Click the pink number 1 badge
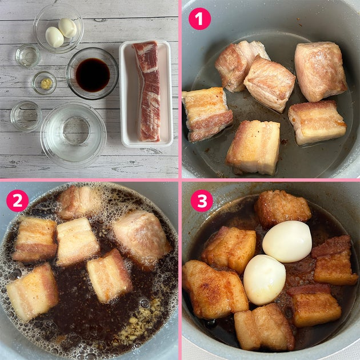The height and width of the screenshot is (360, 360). [199, 19]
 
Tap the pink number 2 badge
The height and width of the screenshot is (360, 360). [18, 201]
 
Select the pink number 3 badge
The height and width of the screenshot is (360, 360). [202, 201]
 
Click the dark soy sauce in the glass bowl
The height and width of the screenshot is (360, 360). [93, 75]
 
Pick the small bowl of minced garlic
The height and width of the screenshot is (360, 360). [45, 83]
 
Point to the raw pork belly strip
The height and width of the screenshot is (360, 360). [147, 91]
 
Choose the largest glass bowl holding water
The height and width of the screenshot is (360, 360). [73, 135]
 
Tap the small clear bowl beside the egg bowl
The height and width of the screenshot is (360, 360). [28, 56]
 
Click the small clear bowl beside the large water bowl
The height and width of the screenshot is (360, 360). [26, 117]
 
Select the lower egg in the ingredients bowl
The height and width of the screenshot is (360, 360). [54, 37]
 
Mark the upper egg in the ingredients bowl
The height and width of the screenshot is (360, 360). [67, 28]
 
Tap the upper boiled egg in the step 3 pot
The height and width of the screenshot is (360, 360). [287, 242]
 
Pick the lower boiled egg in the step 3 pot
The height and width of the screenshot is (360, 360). [265, 279]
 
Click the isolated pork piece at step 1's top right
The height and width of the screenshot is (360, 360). [321, 71]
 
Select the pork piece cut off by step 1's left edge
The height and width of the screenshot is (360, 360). [207, 114]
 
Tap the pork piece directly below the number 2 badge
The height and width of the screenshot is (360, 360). [35, 239]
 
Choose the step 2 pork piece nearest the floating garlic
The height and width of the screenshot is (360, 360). [110, 276]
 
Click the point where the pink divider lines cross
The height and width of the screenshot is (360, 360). [180, 180]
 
